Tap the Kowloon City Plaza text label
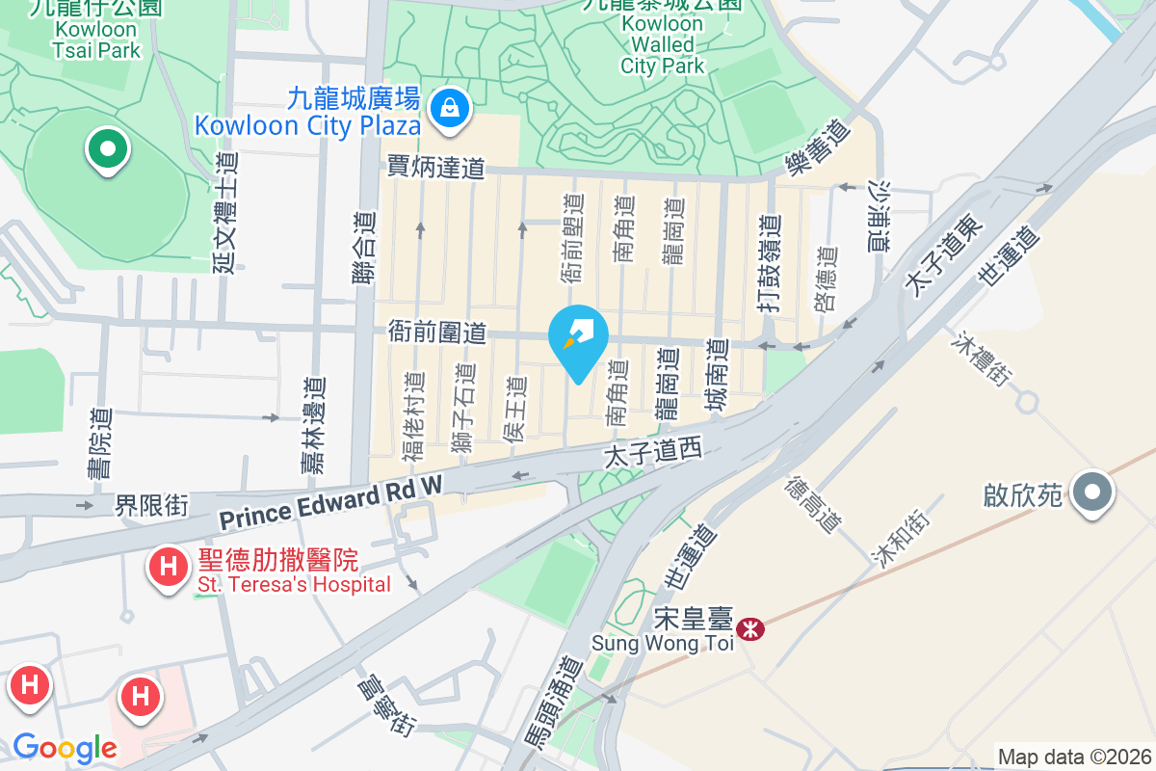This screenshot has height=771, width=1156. pyautogui.click(x=307, y=124)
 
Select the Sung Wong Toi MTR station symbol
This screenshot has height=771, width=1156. pyautogui.click(x=749, y=629)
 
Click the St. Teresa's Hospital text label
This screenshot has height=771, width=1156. pyautogui.click(x=294, y=584)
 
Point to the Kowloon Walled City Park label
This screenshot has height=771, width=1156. pyautogui.click(x=663, y=44)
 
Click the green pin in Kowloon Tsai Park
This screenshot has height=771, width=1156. pyautogui.click(x=107, y=150)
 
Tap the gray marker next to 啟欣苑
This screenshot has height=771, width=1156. pyautogui.click(x=1091, y=493)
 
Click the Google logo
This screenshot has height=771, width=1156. pyautogui.click(x=65, y=748)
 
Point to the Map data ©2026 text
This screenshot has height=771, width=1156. pyautogui.click(x=1074, y=757)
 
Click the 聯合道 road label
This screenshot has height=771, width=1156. pyautogui.click(x=363, y=249)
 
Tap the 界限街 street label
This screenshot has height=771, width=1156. pyautogui.click(x=151, y=505)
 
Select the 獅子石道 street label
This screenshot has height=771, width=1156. pyautogui.click(x=464, y=409)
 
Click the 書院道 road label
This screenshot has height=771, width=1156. pyautogui.click(x=100, y=443)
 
